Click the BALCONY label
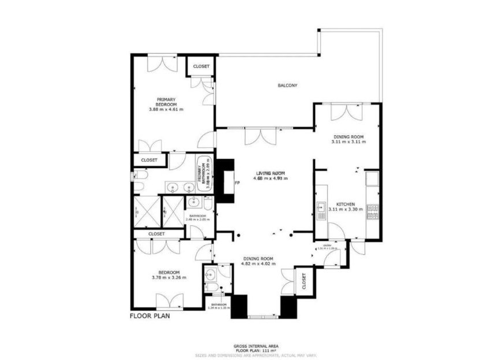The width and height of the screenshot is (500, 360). [287, 86]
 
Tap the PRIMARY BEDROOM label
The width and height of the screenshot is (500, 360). [165, 101]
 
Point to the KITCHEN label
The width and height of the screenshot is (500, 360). [345, 205]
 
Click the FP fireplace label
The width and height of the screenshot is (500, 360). [237, 183]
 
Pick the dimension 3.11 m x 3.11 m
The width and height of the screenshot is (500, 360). [349, 142]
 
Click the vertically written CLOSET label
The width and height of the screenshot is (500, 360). [304, 281]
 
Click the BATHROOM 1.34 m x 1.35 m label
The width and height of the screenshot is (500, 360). [219, 306]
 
